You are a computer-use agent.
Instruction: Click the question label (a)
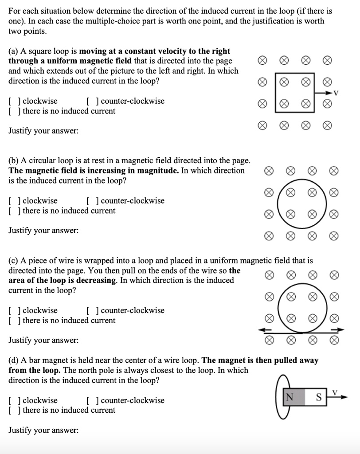pyautogui.click(x=13, y=51)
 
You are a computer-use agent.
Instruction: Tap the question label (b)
pyautogui.click(x=13, y=160)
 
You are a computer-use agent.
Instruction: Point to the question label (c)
pyautogui.click(x=13, y=261)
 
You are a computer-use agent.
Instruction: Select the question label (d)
pyautogui.click(x=14, y=360)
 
